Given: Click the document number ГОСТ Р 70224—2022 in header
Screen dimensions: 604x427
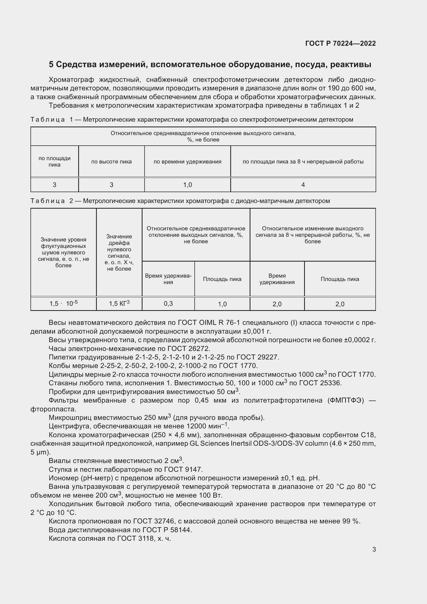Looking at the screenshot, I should tap(341, 43).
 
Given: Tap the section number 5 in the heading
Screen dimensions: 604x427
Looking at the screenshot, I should tap(51, 65).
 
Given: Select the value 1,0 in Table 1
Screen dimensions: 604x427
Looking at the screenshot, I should tap(187, 185).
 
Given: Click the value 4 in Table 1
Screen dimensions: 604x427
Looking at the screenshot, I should tap(303, 185).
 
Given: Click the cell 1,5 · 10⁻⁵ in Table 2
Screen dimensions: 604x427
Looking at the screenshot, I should tap(63, 304).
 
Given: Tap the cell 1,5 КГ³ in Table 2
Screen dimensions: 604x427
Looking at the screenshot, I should tap(119, 304).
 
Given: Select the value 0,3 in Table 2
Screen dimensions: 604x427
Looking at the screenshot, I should tap(168, 304).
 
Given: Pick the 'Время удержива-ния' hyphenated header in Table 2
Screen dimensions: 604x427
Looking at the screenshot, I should tap(168, 279).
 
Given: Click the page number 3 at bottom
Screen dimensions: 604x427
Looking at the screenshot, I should tap(374, 550).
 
